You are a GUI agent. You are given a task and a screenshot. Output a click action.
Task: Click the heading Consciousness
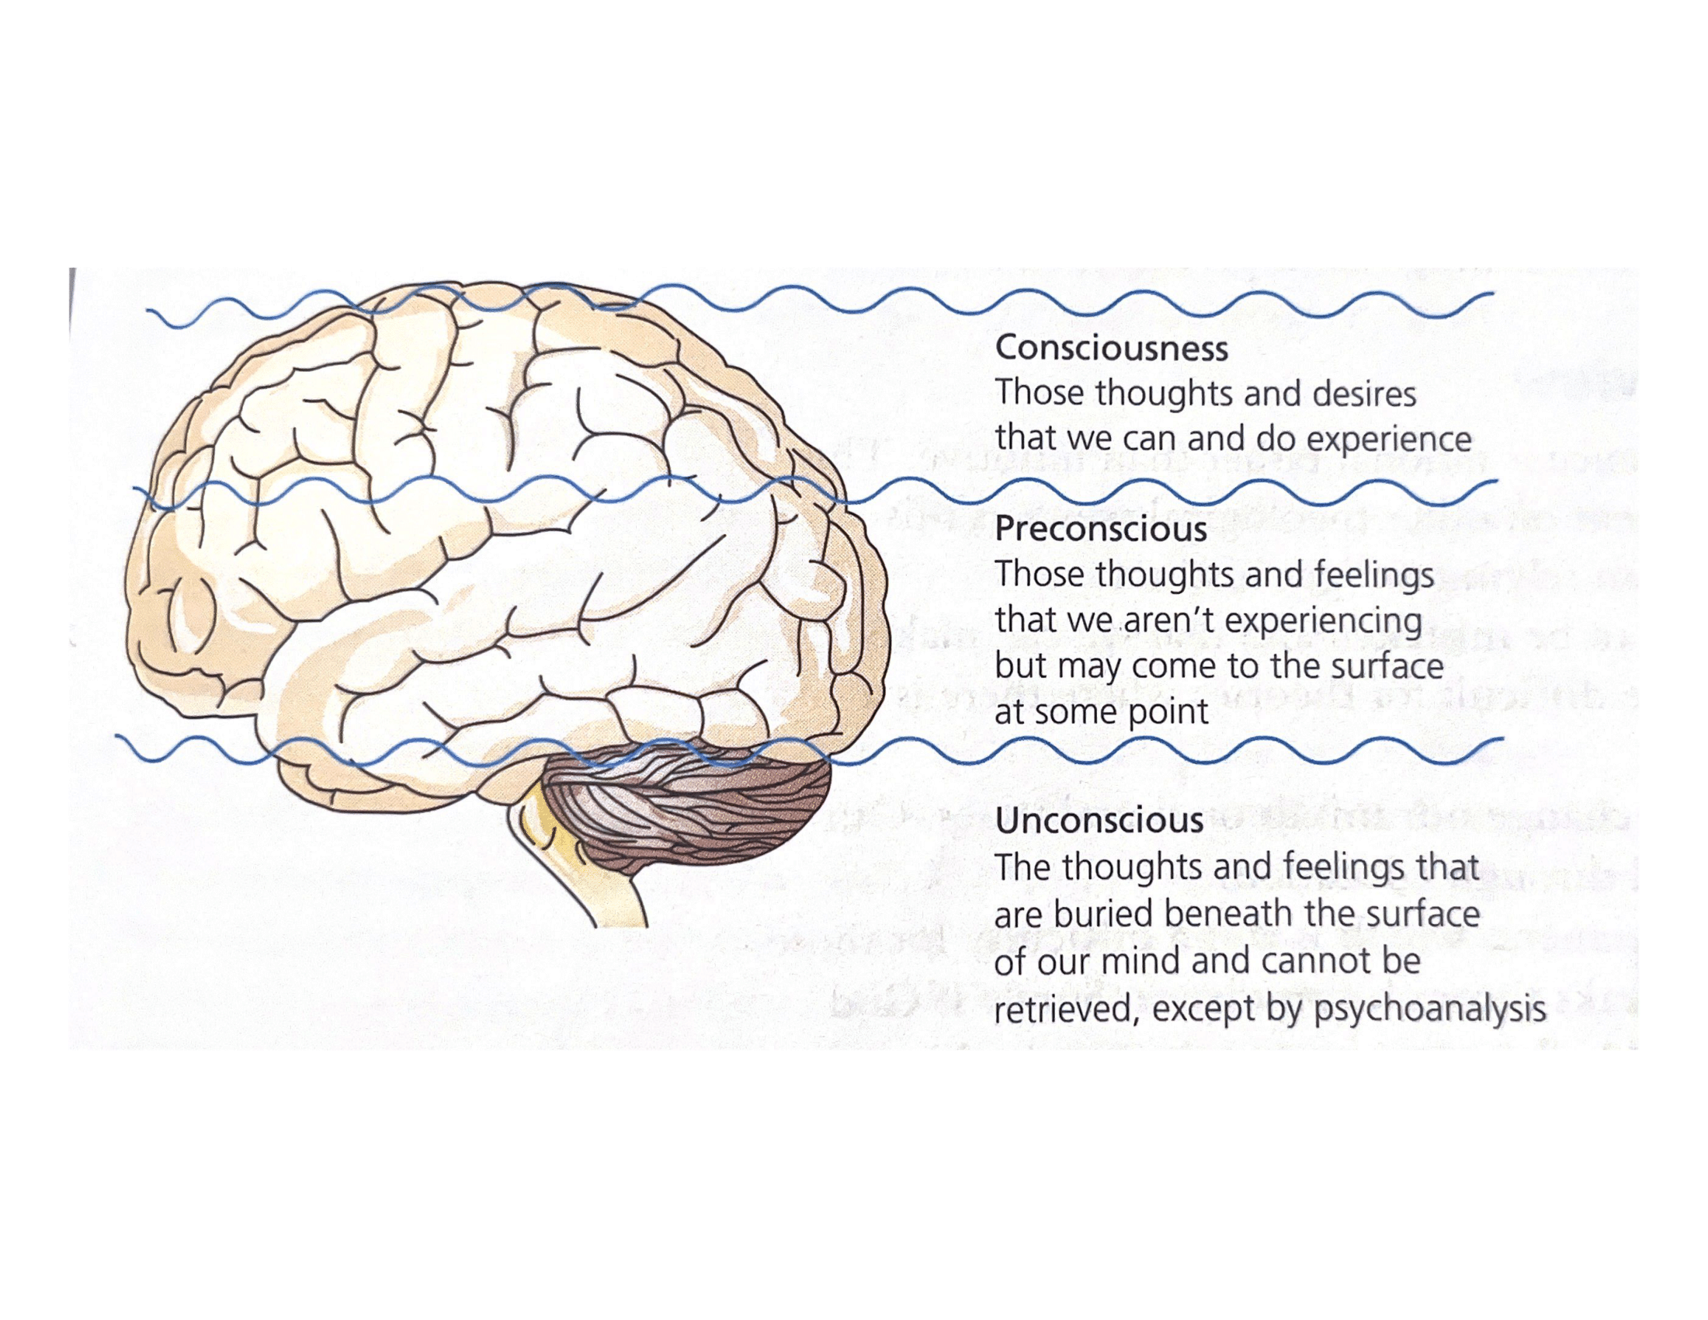tap(1110, 349)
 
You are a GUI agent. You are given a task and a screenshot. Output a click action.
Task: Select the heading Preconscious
tap(1100, 530)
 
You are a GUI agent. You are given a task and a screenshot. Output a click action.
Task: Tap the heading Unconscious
tap(1099, 820)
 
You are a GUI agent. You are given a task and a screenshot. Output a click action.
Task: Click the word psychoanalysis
tap(1429, 1008)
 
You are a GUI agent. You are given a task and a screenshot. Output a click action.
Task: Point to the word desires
tap(1364, 394)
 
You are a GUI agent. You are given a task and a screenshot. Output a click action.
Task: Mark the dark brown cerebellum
tap(688, 813)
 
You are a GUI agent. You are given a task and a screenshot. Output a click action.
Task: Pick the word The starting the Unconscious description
tap(1022, 867)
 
